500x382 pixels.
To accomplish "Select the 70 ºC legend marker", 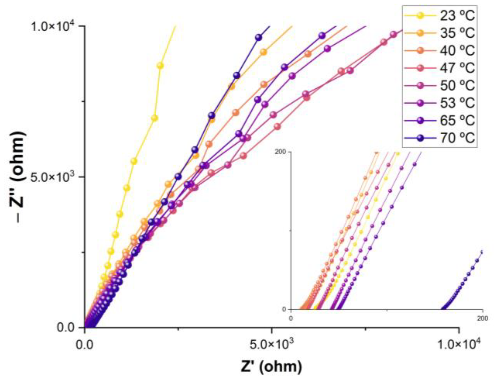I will coord(421,138).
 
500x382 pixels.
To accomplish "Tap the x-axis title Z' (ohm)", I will coord(271,367).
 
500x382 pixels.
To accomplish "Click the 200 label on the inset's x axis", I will coord(482,319).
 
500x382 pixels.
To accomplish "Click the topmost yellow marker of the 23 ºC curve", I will coord(160,65).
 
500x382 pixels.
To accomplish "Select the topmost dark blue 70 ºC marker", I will coord(258,38).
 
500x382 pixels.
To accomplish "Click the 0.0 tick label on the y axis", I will coord(65,328).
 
